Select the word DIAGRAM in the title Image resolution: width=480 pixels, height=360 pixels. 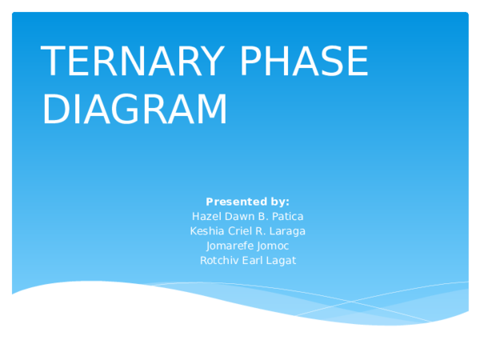point(134,110)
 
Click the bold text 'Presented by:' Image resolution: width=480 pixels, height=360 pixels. point(247,202)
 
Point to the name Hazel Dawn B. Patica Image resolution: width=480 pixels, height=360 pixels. point(247,217)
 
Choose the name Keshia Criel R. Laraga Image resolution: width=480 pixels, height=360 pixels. point(247,231)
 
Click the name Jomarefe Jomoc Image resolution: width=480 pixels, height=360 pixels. point(247,246)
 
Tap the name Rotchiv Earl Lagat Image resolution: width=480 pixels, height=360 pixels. point(247,261)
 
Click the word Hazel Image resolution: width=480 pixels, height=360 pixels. point(205,217)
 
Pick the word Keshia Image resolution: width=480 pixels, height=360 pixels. point(204,231)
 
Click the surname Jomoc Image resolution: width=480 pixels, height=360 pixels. point(274,246)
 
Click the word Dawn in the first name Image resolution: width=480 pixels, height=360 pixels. point(237,217)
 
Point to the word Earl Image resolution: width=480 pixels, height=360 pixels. point(252,261)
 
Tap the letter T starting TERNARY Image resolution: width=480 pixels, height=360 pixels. point(53,62)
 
